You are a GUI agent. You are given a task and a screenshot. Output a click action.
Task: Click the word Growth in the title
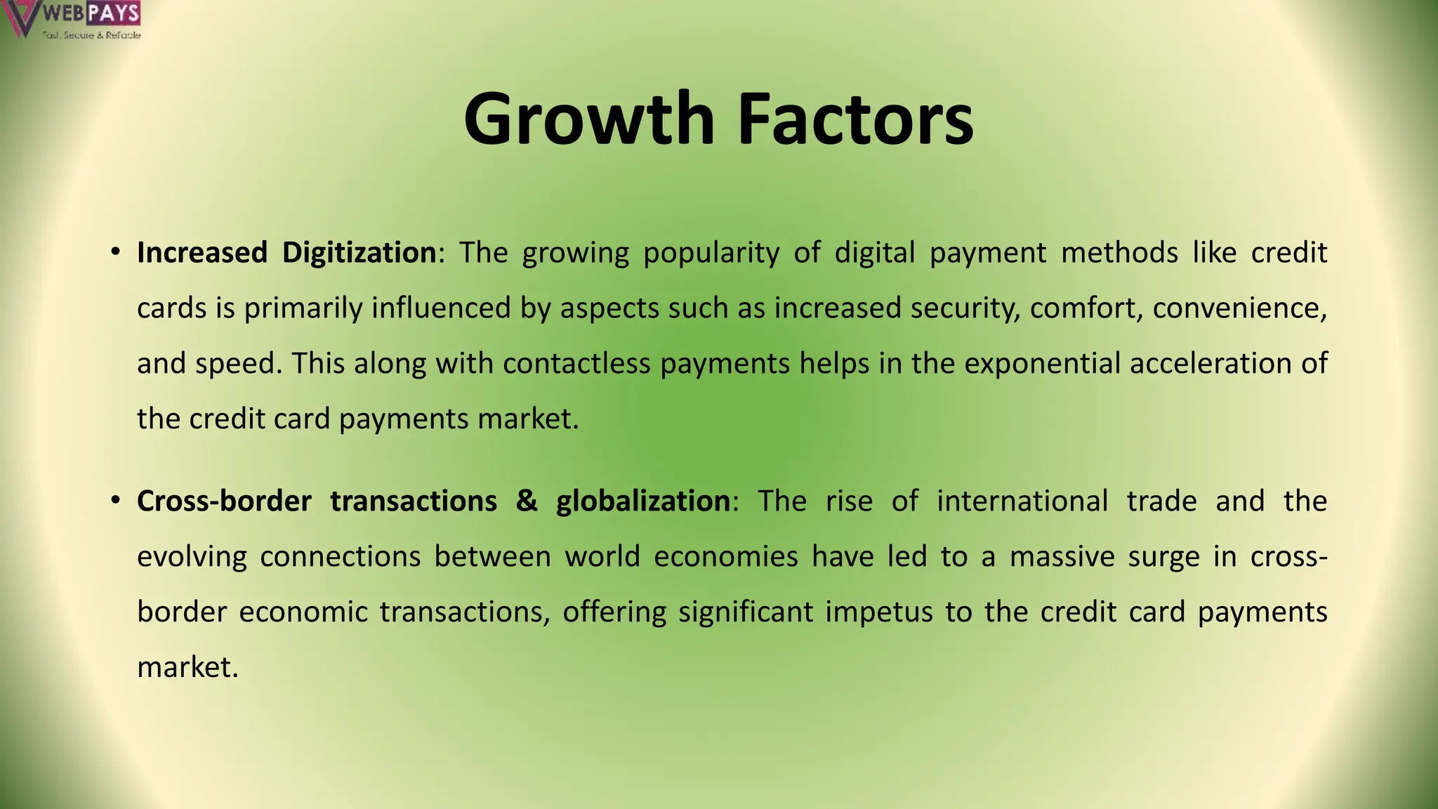point(588,119)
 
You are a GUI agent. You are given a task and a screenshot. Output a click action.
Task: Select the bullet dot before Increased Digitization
point(115,253)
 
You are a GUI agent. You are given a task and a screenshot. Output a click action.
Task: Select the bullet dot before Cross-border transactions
point(115,501)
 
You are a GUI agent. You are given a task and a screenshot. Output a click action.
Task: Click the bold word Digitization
point(359,253)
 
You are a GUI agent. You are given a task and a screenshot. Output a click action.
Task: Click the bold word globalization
point(643,501)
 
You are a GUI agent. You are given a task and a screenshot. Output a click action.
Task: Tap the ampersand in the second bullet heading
point(527,501)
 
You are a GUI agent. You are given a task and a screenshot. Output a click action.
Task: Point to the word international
point(1022,501)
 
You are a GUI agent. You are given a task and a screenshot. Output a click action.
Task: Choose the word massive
point(1062,557)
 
